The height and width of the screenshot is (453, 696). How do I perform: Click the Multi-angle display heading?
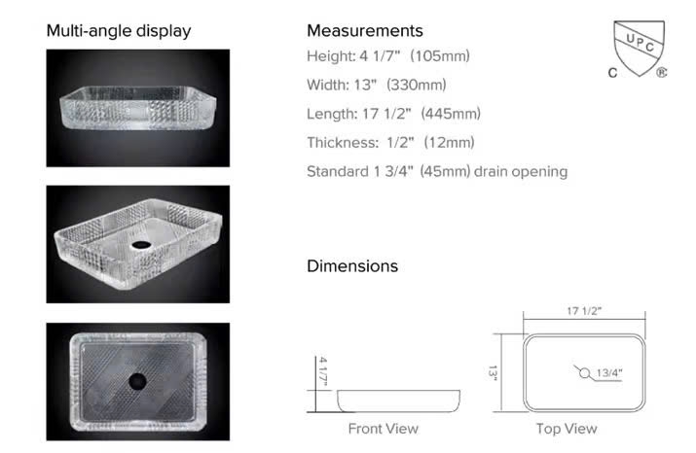point(119,31)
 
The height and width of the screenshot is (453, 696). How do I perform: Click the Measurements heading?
point(365,30)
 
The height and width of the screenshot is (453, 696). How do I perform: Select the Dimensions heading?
point(352,266)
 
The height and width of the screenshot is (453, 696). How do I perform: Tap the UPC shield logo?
point(639,49)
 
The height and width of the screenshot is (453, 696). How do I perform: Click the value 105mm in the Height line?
point(440,56)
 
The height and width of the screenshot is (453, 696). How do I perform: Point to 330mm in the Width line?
point(417,85)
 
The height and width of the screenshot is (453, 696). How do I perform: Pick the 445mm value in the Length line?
point(451,114)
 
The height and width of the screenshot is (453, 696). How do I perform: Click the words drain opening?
point(521,171)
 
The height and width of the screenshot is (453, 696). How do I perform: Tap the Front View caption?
point(384,429)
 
